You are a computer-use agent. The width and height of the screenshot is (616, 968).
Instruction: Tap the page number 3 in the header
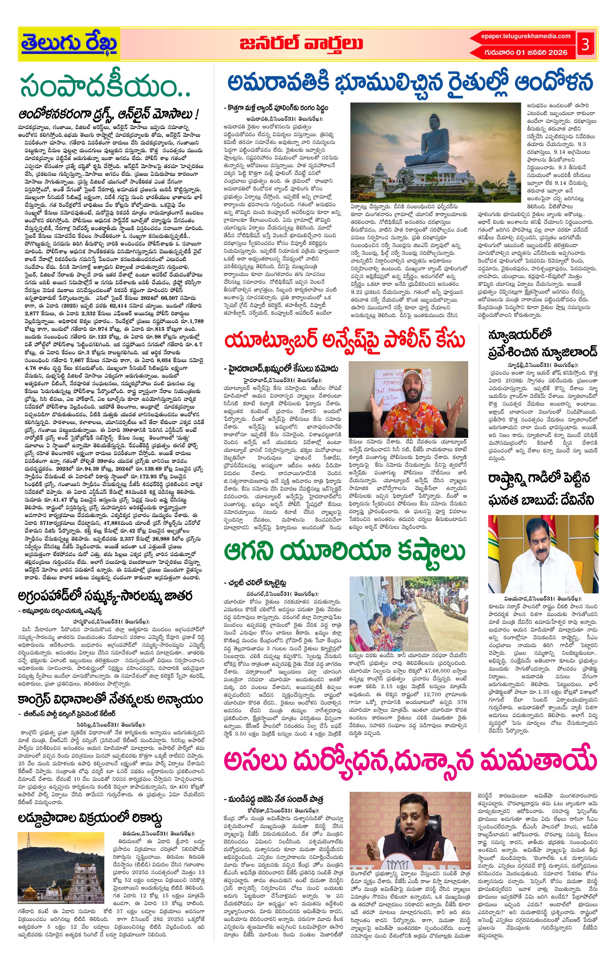pyautogui.click(x=585, y=45)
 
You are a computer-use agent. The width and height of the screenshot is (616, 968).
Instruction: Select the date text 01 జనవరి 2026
pyautogui.click(x=542, y=52)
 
